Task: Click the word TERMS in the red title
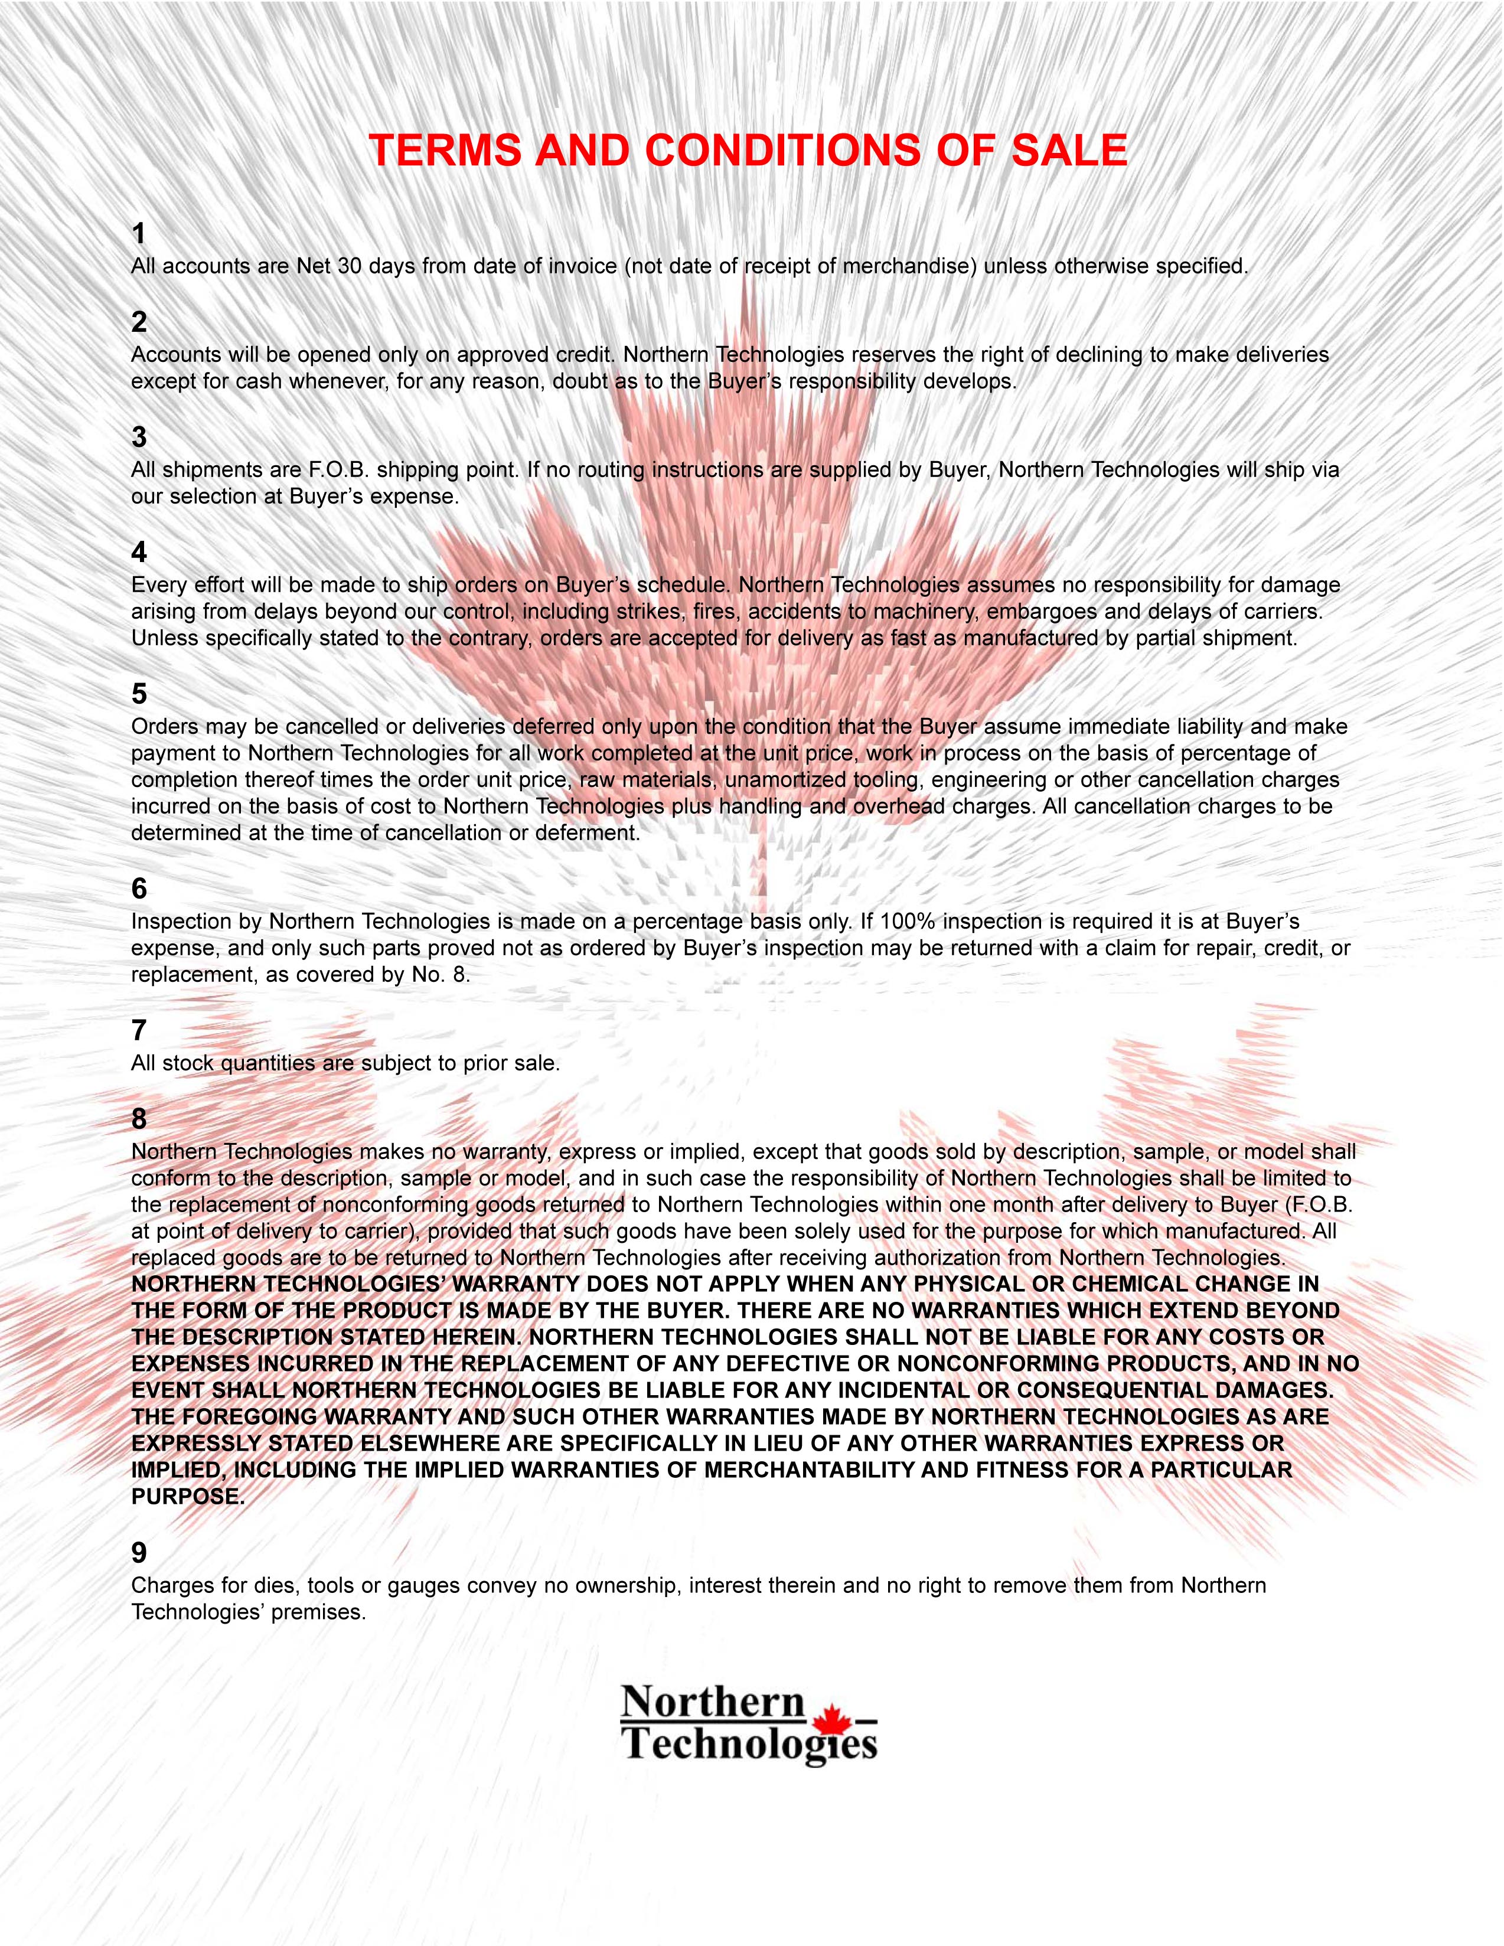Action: pyautogui.click(x=445, y=151)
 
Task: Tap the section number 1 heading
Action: pyautogui.click(x=138, y=233)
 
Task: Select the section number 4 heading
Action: pyautogui.click(x=139, y=553)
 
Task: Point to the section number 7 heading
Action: pyautogui.click(x=138, y=1030)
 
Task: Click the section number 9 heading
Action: pyautogui.click(x=139, y=1553)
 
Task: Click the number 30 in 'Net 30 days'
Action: pyautogui.click(x=349, y=266)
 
